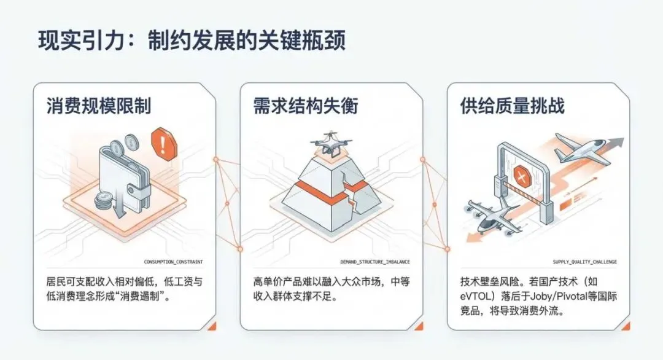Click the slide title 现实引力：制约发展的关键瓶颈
[191, 42]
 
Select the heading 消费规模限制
[98, 106]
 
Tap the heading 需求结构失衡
[305, 106]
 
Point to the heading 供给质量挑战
[512, 106]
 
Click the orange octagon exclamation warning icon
[163, 144]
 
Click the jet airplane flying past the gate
[583, 149]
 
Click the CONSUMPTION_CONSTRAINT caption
[173, 262]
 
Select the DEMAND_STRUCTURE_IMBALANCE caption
[375, 262]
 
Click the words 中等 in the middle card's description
[400, 282]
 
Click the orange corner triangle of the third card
[624, 325]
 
